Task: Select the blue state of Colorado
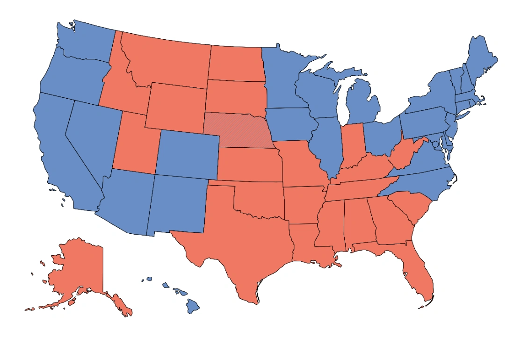pos(187,154)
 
